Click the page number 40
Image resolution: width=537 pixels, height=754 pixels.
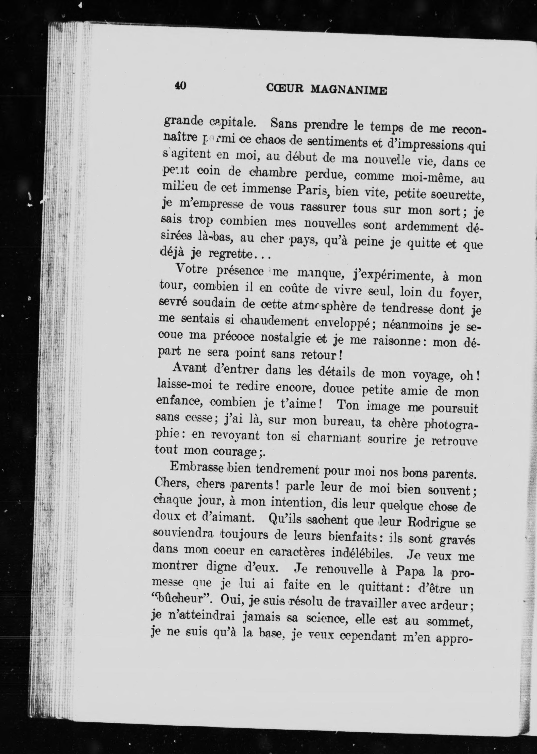(x=180, y=86)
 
